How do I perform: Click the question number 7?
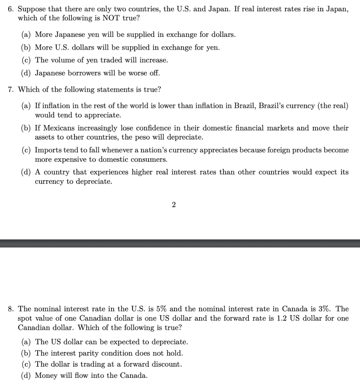(11, 90)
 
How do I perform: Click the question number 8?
(11, 309)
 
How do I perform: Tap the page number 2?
(173, 205)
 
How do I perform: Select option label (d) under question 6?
(26, 73)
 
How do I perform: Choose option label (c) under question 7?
(26, 150)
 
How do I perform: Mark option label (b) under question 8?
(26, 353)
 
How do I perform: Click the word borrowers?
(85, 73)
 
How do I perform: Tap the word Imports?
(47, 150)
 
